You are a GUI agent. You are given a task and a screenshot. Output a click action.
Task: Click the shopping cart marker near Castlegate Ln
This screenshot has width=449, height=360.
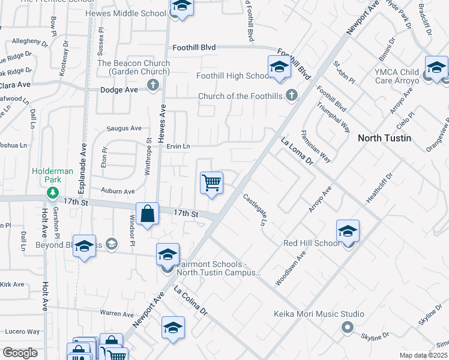click(211, 182)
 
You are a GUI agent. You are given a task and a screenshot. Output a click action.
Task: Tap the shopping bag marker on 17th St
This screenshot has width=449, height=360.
click(148, 214)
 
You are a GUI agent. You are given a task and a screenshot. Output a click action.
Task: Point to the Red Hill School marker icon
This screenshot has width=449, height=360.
click(348, 231)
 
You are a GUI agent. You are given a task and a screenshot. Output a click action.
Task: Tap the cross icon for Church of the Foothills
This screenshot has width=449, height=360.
click(292, 95)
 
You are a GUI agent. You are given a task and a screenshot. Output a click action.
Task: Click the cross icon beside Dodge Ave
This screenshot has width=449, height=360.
click(153, 85)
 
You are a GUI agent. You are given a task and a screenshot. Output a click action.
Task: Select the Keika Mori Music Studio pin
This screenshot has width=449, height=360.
click(346, 327)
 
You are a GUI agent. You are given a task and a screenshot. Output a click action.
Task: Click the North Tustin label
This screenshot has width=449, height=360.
click(384, 138)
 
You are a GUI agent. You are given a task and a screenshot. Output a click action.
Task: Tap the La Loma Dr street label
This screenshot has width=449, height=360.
click(297, 152)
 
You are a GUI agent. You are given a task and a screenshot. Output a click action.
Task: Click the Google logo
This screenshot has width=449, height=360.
click(20, 353)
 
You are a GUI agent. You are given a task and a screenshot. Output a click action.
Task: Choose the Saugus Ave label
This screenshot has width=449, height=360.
click(124, 128)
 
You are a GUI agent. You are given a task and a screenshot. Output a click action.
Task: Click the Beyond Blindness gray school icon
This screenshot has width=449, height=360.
click(111, 243)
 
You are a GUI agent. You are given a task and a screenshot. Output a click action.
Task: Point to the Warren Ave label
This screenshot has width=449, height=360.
click(116, 313)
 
